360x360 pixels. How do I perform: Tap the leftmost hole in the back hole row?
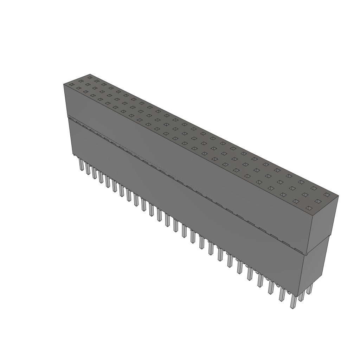click(90, 77)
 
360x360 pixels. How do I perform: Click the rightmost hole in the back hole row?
click(327, 194)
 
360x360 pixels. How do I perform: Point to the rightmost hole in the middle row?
click(318, 201)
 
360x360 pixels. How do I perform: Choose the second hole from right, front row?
click(296, 201)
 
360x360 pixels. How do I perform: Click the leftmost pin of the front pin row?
click(81, 165)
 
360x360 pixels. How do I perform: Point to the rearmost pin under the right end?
click(309, 289)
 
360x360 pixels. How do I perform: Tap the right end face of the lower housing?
click(315, 267)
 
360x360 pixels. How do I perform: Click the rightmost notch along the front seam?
click(299, 251)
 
